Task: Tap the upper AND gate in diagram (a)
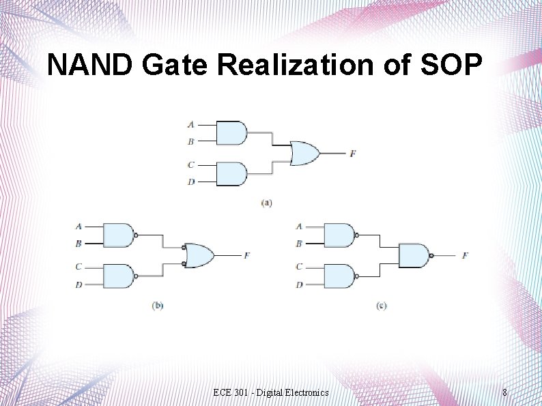click(231, 133)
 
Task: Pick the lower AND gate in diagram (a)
click(231, 174)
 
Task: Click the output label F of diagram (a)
click(352, 154)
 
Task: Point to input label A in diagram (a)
click(190, 125)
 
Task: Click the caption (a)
click(266, 203)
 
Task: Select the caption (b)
click(158, 306)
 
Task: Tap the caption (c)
click(381, 306)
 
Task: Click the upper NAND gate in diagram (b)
click(118, 235)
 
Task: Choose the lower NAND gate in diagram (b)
click(118, 276)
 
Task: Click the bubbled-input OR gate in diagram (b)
click(199, 256)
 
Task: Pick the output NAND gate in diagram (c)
click(413, 256)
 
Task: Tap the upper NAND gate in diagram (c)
click(339, 235)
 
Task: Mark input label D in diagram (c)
click(299, 285)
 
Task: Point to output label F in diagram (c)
click(465, 256)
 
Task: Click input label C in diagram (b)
click(79, 267)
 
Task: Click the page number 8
click(504, 392)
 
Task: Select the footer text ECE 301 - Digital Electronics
click(270, 392)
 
